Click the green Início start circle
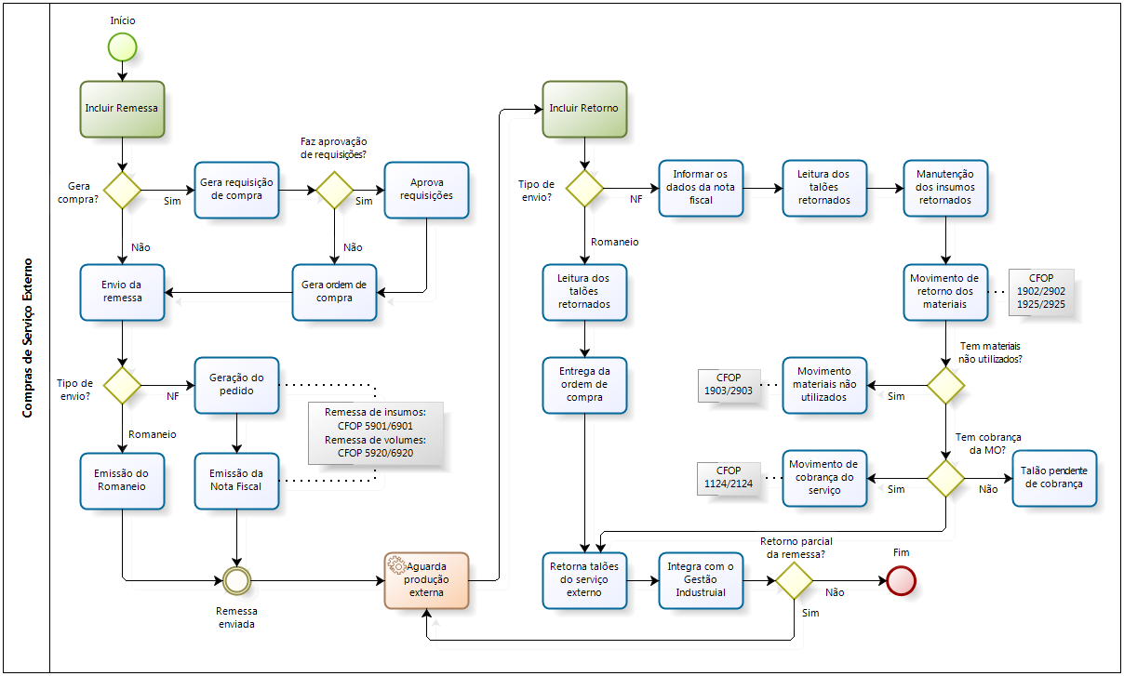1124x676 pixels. point(122,46)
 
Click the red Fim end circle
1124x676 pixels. point(901,580)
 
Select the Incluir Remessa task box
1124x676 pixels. point(122,108)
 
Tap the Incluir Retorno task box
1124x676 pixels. point(584,108)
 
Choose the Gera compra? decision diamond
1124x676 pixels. point(122,190)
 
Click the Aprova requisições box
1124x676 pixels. point(426,190)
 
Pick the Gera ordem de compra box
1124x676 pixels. point(334,292)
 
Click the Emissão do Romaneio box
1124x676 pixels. point(122,481)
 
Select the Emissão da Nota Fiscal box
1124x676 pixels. point(236,481)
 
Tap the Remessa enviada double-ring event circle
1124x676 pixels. point(237,580)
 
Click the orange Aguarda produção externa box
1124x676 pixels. point(426,580)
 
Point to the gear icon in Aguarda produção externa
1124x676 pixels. point(396,564)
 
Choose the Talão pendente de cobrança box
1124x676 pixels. point(1054,478)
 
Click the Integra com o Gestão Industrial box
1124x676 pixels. point(702,580)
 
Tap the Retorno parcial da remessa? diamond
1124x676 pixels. point(794,580)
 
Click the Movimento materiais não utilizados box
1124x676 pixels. point(823,384)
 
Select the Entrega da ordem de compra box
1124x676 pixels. point(584,384)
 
